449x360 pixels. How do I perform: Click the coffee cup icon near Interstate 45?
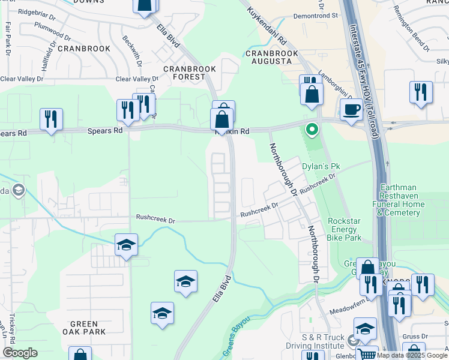pyautogui.click(x=351, y=109)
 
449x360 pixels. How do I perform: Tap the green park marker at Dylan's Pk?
pyautogui.click(x=312, y=128)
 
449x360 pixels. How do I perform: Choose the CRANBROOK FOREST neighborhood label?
pyautogui.click(x=190, y=73)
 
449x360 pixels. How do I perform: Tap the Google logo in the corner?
pyautogui.click(x=20, y=353)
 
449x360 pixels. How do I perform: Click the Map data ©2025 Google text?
pyautogui.click(x=412, y=355)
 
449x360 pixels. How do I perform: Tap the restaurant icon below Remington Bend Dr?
pyautogui.click(x=421, y=92)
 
